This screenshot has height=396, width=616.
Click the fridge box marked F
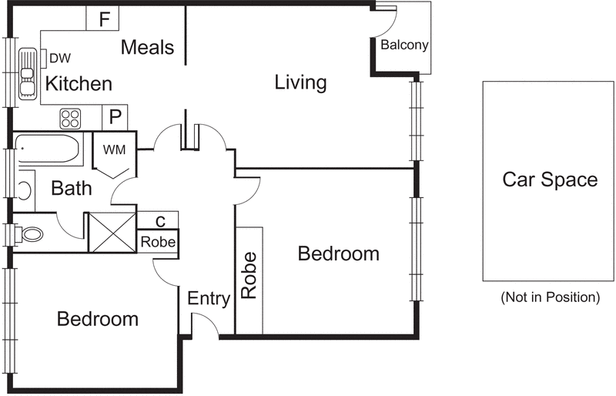tap(102, 18)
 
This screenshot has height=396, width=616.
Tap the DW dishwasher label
tap(60, 59)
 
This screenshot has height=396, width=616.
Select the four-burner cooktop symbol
tap(70, 119)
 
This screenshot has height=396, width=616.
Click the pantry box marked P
tap(115, 117)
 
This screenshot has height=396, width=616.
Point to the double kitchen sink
tap(28, 74)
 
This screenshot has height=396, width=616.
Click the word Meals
tap(147, 47)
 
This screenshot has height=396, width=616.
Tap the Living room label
tap(300, 82)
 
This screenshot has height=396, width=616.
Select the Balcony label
tap(404, 45)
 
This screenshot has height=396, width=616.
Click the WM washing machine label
tap(114, 149)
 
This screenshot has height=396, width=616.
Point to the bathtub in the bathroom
tap(48, 149)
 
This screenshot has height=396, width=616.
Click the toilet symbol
tap(28, 235)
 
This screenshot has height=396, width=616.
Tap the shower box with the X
tap(112, 232)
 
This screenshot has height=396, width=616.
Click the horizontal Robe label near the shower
tap(158, 242)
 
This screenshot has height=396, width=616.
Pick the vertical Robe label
tap(249, 275)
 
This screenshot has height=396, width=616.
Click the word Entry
tap(209, 299)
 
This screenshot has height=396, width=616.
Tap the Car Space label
tap(550, 180)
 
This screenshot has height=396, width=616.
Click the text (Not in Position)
tap(551, 297)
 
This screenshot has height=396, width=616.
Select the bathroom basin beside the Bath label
tap(25, 191)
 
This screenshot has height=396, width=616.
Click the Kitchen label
tap(79, 84)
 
